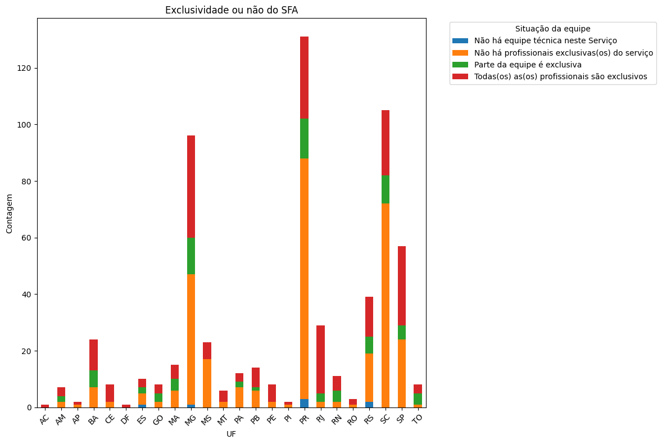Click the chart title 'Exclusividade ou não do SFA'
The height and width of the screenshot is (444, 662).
point(231,10)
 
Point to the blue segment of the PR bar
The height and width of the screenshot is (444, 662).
point(304,403)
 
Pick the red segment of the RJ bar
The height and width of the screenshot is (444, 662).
point(320,359)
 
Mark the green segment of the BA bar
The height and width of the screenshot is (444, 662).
point(93,379)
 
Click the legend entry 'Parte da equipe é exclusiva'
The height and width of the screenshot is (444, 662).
point(528,65)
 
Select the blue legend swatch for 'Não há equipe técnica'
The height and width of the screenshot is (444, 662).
point(460,40)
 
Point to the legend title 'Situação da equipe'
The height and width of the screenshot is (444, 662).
point(552,29)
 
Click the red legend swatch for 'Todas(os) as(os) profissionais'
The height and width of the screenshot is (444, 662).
point(460,76)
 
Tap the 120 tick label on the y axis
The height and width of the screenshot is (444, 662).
point(25,68)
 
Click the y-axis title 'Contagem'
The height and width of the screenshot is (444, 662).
point(10,214)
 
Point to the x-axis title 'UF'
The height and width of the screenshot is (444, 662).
point(231,434)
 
